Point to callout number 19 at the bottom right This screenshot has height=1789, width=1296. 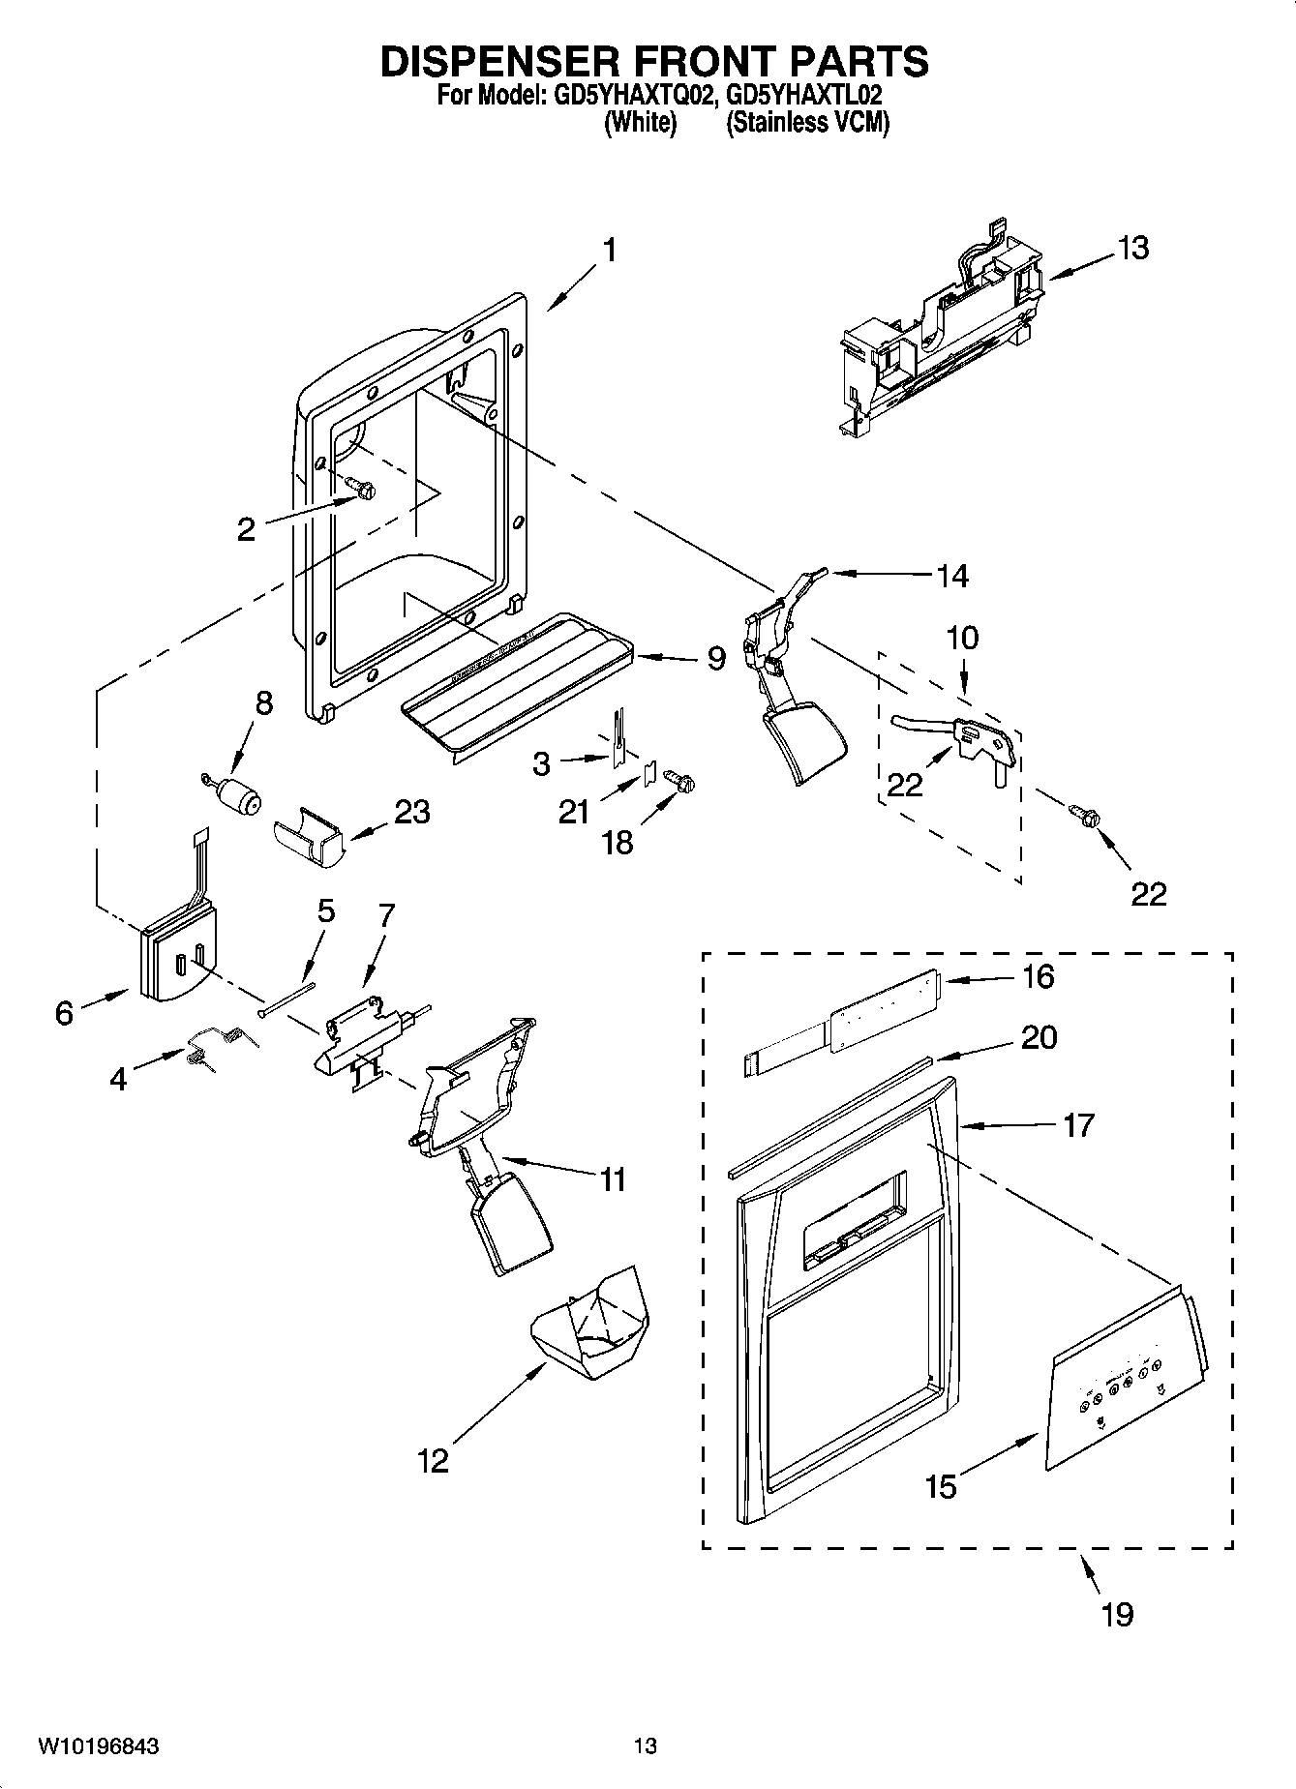point(1117,1614)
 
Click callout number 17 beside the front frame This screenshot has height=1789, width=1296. point(1077,1125)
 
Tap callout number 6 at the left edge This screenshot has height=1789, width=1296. point(64,1013)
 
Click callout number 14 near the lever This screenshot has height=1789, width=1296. point(952,576)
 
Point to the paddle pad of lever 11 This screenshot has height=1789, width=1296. point(511,1222)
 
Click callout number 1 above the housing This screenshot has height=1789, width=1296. point(609,250)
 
